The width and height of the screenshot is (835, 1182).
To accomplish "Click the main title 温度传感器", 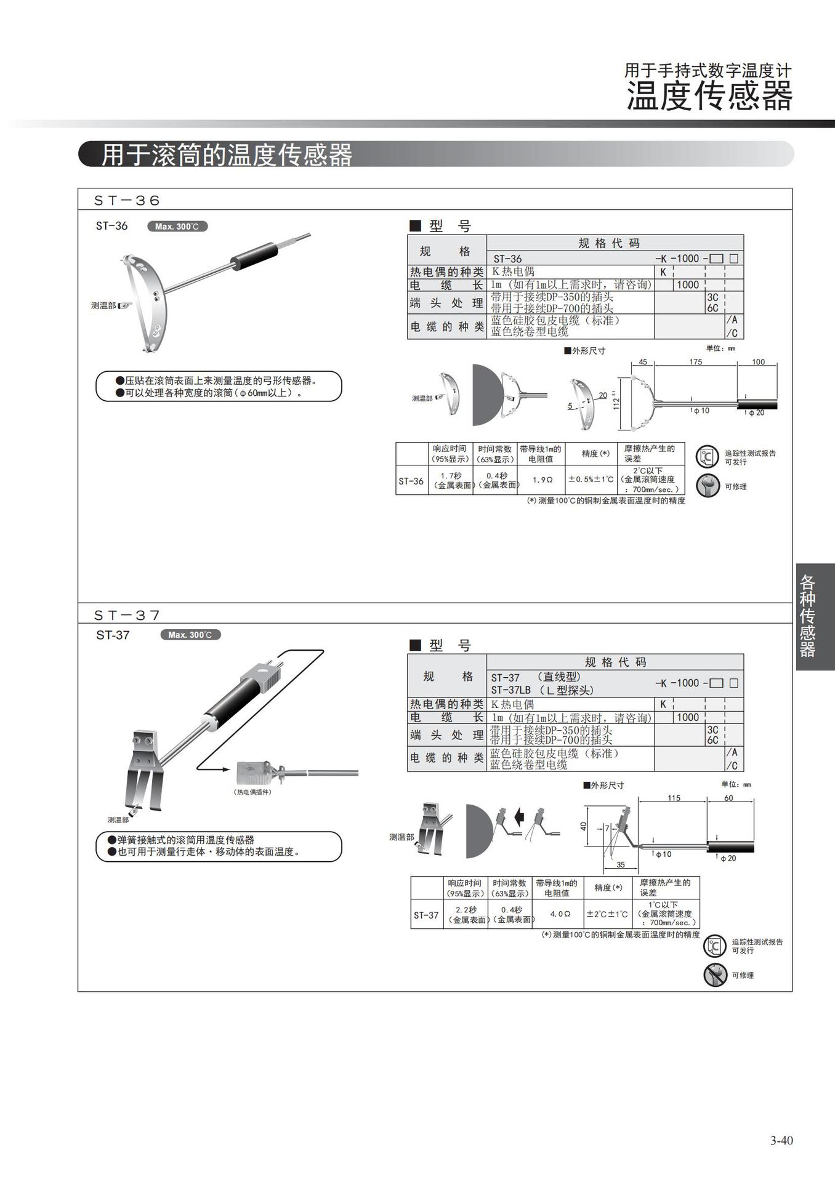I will (709, 97).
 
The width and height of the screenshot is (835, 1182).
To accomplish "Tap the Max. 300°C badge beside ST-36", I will (177, 227).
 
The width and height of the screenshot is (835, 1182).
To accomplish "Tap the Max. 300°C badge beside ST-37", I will (190, 635).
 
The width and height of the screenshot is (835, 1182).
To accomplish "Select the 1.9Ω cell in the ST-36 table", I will (542, 480).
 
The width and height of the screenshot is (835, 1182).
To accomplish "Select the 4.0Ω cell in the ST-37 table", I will (560, 914).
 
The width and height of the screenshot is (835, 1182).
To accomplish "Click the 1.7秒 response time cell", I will (451, 480).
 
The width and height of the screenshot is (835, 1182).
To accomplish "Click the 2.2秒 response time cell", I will (466, 914).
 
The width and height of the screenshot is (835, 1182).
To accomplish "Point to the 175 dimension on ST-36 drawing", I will (695, 362).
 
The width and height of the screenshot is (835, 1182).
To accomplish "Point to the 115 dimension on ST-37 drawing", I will (674, 798).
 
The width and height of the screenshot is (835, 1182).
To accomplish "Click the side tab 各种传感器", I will (807, 616).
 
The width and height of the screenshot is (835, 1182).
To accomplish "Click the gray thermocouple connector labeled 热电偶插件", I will (256, 771).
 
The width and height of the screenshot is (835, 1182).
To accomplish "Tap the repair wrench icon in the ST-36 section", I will (708, 486).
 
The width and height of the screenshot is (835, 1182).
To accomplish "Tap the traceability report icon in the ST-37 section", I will (715, 946).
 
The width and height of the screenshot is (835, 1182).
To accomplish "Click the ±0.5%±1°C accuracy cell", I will (590, 480).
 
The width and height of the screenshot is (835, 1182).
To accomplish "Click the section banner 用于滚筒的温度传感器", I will (227, 155).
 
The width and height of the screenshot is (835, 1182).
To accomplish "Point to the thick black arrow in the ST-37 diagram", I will (518, 818).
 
